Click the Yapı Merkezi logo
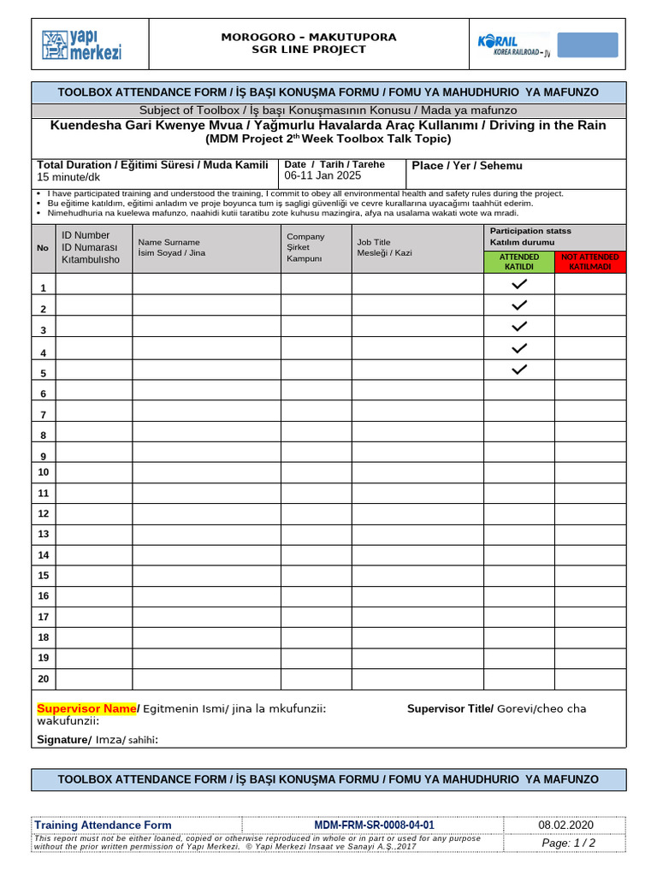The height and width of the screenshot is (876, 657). click(x=82, y=44)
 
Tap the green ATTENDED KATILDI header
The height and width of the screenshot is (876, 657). click(x=519, y=261)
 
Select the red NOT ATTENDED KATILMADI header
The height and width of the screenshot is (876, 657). click(x=590, y=261)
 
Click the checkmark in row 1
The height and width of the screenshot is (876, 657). click(x=519, y=284)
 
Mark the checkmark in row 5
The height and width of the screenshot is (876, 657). click(x=519, y=370)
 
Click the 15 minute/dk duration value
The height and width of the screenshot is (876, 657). click(x=68, y=177)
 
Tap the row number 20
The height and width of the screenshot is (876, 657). click(x=43, y=678)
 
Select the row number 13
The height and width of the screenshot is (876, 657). click(x=43, y=534)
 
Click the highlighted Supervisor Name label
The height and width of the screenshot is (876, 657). click(x=86, y=708)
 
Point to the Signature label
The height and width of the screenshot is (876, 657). click(x=63, y=739)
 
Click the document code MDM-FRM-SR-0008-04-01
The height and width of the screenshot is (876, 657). click(x=374, y=825)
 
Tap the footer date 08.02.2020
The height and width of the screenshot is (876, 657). click(x=565, y=825)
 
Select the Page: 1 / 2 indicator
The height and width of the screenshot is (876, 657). click(x=569, y=843)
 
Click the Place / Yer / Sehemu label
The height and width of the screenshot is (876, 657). click(x=466, y=165)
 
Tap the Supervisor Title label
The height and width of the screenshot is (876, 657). click(x=450, y=708)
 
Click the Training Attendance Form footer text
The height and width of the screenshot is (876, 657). click(x=103, y=825)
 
